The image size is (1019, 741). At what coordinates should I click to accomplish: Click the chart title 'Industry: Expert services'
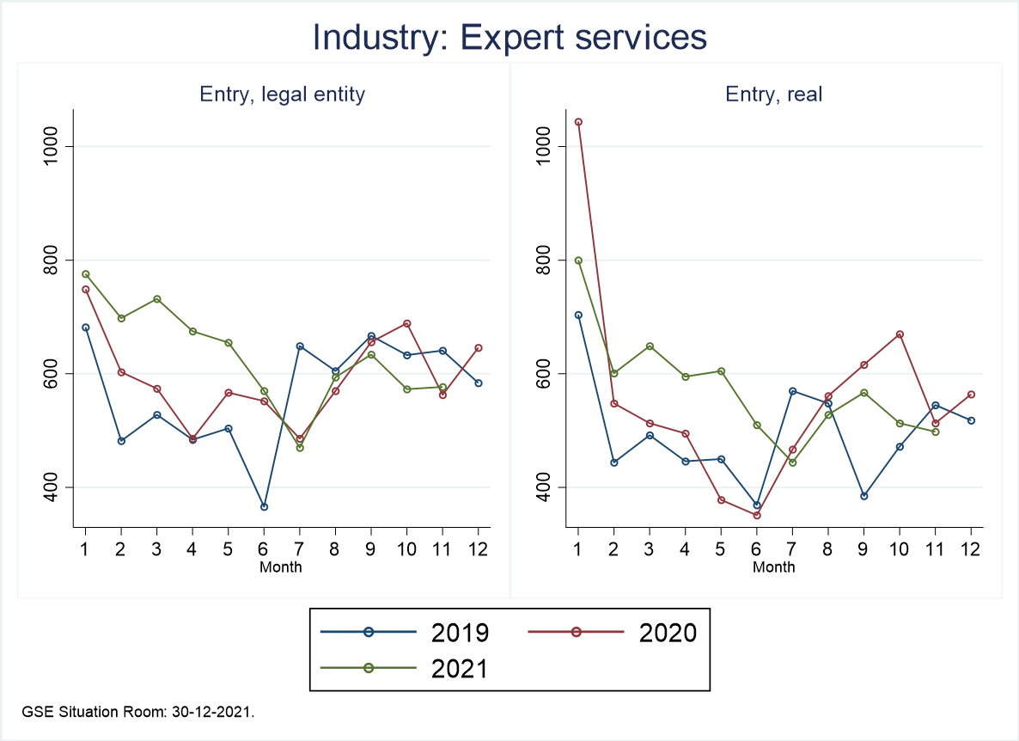[509, 37]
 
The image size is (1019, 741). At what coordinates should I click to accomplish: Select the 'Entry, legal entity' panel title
[283, 95]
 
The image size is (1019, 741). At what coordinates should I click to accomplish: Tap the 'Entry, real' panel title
[774, 95]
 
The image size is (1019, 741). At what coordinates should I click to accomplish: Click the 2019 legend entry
[404, 633]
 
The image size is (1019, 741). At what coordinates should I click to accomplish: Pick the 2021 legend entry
[404, 669]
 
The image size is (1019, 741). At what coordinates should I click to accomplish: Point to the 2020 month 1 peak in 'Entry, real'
[578, 122]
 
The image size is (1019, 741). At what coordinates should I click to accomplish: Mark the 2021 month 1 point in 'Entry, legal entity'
[86, 274]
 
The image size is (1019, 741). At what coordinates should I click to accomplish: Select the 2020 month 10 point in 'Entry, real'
[899, 334]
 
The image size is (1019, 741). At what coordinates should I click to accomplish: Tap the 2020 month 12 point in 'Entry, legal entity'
[479, 348]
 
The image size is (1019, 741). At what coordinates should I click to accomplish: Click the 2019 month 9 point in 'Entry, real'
[863, 496]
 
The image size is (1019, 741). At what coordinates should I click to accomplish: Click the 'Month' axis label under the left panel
[281, 566]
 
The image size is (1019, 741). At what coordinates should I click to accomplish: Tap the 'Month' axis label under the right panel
[774, 566]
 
